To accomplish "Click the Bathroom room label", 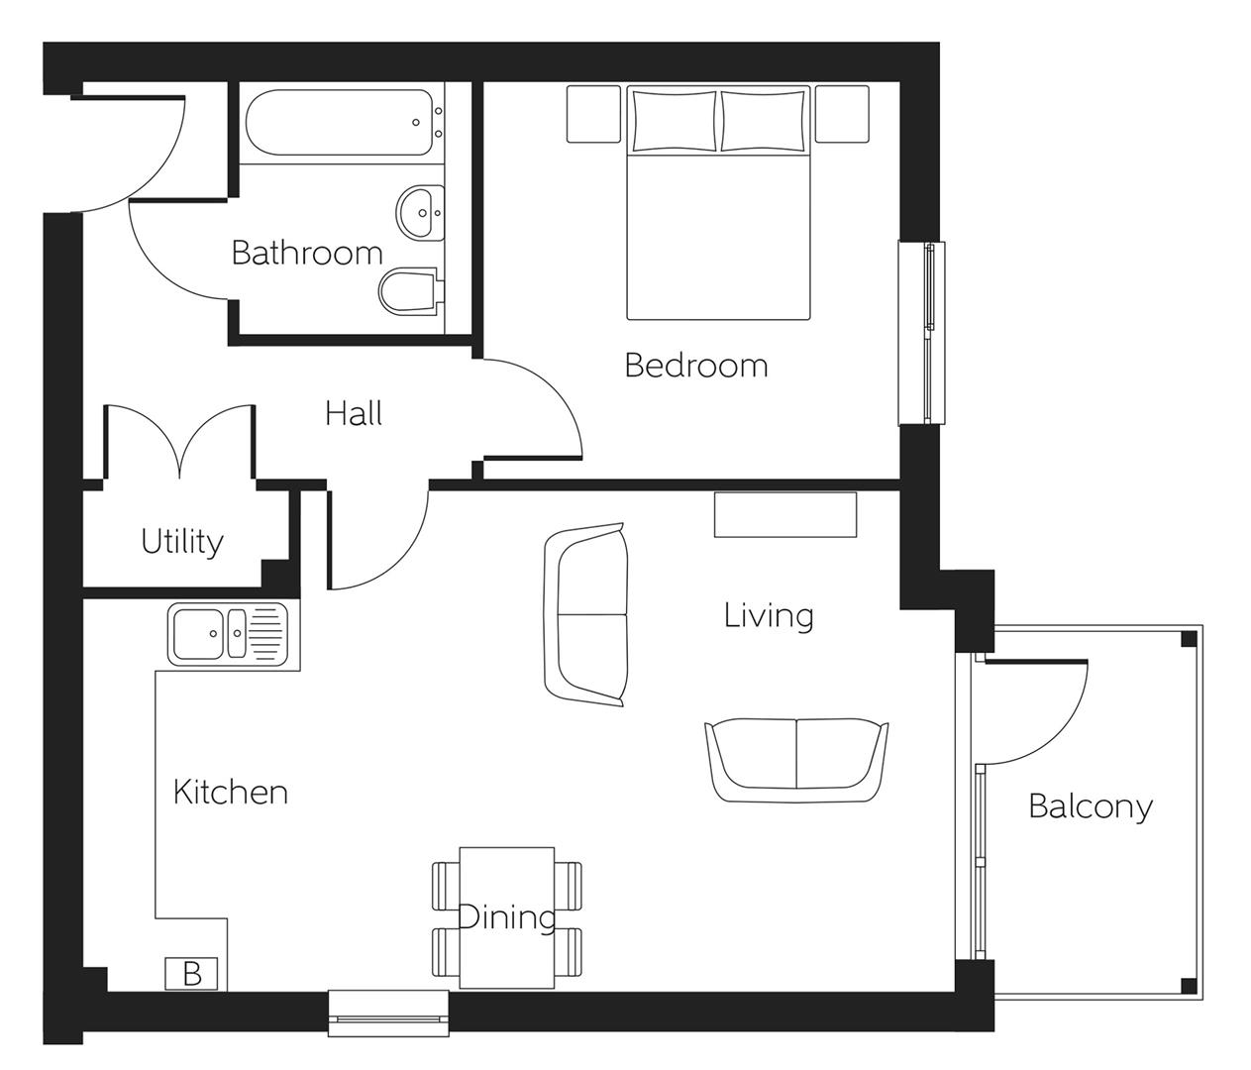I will [306, 253].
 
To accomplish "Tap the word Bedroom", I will [695, 366].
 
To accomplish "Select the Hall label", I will [354, 413].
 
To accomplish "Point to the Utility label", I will [182, 541].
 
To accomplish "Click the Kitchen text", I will [230, 793].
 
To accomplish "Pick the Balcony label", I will [1090, 805].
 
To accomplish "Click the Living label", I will [769, 615].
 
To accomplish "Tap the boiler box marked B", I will [192, 974].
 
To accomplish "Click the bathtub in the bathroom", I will [338, 125].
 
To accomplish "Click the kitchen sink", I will [229, 634].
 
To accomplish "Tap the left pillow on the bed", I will [674, 120].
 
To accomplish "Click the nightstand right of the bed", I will [841, 114].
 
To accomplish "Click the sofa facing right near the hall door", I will [585, 615].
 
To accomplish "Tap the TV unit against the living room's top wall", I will [785, 514].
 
